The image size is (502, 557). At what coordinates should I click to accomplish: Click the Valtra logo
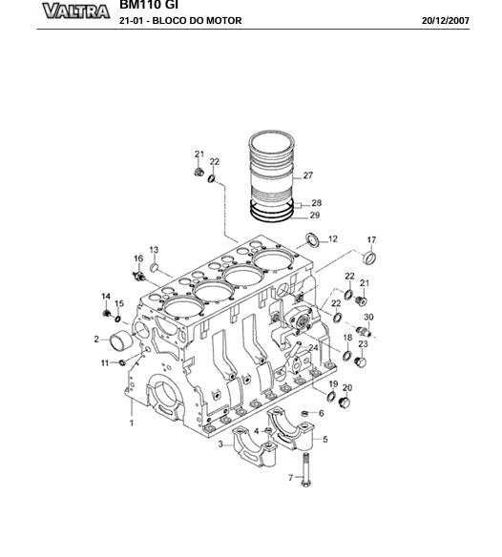click(76, 11)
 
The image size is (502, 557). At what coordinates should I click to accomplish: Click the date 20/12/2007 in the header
click(446, 21)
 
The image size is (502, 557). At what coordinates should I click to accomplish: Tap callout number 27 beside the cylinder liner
click(308, 175)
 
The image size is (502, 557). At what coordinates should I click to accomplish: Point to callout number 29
click(315, 215)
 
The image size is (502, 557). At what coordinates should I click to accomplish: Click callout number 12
click(333, 239)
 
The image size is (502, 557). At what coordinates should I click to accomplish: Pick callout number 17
click(371, 239)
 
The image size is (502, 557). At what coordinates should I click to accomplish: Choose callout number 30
click(368, 317)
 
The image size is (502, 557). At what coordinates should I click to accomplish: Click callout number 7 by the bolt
click(290, 478)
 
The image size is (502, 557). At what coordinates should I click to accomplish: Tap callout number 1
click(132, 423)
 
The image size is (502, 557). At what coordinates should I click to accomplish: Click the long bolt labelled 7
click(305, 469)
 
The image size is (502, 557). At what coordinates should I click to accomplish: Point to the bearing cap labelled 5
click(291, 428)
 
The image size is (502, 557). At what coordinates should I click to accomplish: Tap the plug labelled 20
click(345, 403)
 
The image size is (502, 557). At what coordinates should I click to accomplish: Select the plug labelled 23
click(361, 363)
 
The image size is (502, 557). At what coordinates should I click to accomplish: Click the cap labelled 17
click(369, 258)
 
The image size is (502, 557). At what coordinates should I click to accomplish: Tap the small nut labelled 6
click(304, 413)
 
